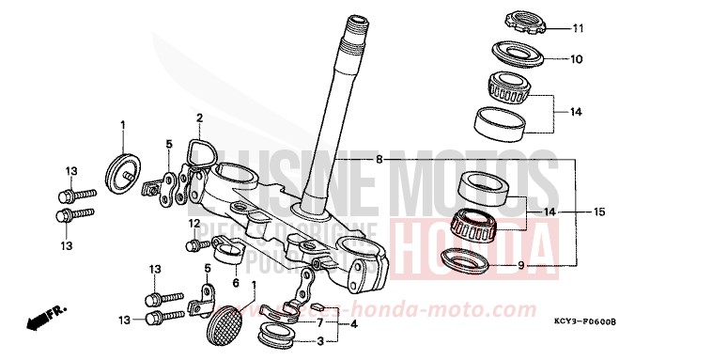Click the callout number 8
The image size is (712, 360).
coord(379,160)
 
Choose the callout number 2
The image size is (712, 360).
coord(199,117)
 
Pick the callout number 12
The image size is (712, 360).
coord(193,223)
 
